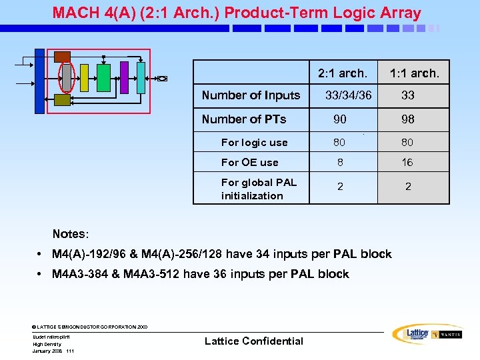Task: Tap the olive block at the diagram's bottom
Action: point(62,99)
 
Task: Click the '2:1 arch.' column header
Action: point(342,73)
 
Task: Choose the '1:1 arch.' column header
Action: point(414,73)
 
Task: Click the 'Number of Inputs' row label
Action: point(251,95)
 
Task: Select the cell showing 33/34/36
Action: point(348,95)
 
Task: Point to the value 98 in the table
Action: point(408,119)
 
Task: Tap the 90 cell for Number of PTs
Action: point(340,119)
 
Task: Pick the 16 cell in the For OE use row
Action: point(407,162)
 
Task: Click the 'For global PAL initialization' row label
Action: point(259,189)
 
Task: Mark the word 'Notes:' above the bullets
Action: point(71,234)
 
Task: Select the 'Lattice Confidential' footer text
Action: point(253,341)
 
